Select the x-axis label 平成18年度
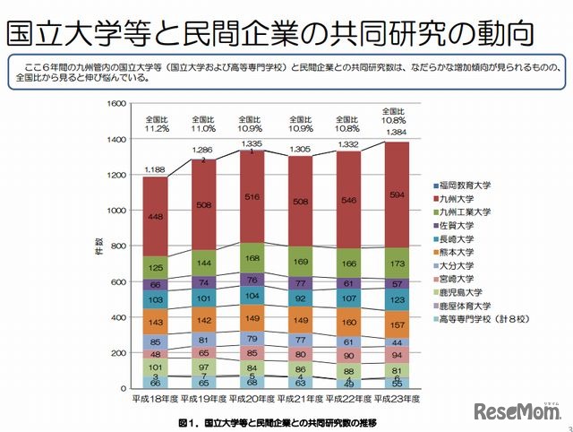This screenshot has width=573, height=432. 155,396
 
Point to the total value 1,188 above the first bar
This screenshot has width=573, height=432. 155,168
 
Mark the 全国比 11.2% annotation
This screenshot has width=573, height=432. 155,124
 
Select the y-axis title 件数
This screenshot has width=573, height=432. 99,246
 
